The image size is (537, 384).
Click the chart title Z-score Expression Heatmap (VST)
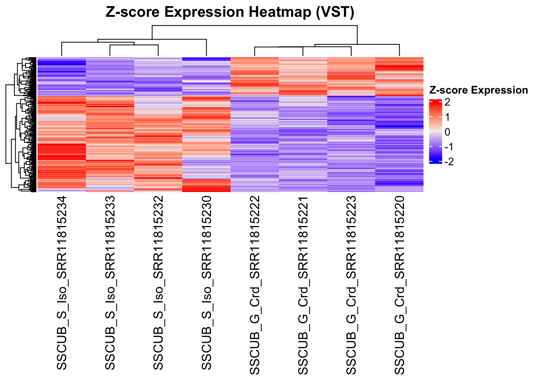tap(230, 12)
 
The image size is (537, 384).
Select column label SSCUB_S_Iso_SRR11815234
tap(62, 283)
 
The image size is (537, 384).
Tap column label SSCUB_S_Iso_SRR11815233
tap(110, 283)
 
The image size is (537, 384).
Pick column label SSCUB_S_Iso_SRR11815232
tap(158, 283)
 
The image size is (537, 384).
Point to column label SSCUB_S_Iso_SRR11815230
tap(207, 283)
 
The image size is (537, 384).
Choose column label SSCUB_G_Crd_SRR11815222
tap(255, 285)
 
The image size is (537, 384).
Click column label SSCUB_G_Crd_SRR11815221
tap(303, 285)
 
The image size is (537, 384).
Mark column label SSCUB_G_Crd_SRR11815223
tap(351, 285)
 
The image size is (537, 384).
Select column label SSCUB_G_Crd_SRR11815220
tap(400, 285)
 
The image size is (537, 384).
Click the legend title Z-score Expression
tap(478, 90)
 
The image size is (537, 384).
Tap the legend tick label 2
tap(447, 102)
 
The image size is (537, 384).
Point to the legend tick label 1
tap(447, 117)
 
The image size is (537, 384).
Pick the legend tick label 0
tap(447, 132)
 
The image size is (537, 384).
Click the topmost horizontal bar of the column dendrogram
tap(255, 26)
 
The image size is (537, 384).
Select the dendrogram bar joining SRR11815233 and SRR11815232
tap(134, 45)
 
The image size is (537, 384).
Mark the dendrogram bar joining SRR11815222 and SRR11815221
tap(279, 47)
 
